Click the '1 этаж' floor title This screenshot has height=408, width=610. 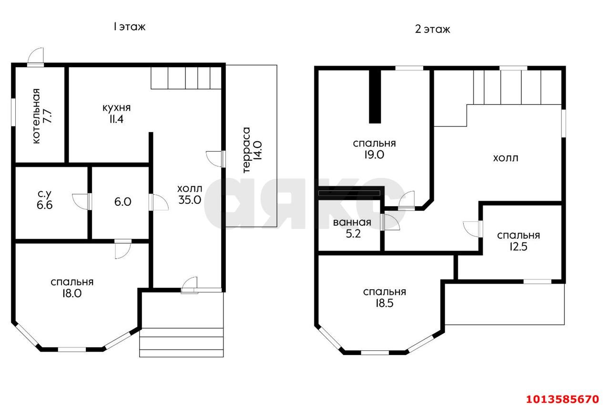coord(130,27)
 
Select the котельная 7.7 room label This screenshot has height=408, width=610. coord(41,116)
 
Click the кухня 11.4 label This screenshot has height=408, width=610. coord(117,114)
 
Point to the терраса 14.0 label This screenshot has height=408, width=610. coord(252,150)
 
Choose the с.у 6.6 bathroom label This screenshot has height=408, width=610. coord(44,199)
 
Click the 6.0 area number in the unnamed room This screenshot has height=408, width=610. coord(123,202)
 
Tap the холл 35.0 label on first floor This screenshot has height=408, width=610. coord(190,194)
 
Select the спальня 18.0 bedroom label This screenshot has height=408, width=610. coord(72,287)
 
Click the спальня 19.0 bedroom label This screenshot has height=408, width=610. coord(374,149)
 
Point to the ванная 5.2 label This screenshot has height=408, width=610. coord(352,228)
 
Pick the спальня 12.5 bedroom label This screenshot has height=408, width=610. coord(518,241)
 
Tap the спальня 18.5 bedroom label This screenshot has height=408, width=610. coord(385,298)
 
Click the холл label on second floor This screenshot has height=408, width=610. coord(506,158)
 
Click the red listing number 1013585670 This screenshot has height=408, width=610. coord(563,399)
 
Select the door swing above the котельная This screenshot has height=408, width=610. coord(35,56)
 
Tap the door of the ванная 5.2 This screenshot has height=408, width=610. coord(390,222)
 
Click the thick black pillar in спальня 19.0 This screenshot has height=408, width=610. coord(375,97)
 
